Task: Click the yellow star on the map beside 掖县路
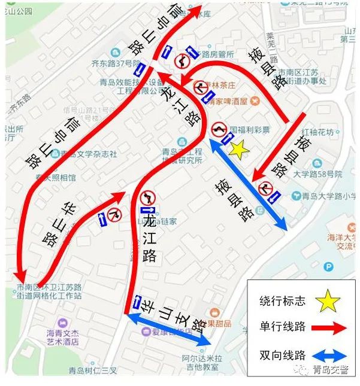point(238,150)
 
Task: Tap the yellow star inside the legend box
point(328,301)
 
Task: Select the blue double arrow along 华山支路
point(168,330)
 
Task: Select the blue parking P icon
point(328,268)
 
